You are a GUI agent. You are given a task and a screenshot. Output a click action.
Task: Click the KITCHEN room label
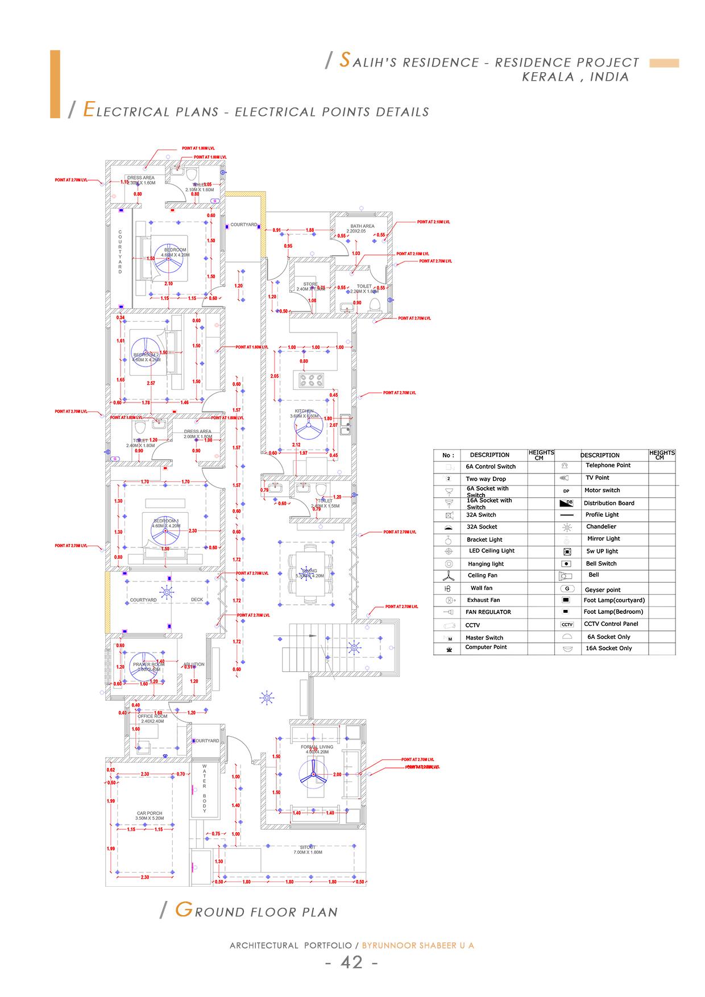(x=304, y=411)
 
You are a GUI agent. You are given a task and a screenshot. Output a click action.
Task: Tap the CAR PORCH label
(x=150, y=813)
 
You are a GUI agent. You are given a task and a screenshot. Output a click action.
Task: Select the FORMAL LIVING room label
(x=317, y=747)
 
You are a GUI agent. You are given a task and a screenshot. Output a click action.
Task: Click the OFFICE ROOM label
(x=152, y=716)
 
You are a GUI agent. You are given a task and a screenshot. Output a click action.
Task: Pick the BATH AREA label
(x=362, y=226)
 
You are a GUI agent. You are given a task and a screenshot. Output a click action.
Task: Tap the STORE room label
(x=310, y=284)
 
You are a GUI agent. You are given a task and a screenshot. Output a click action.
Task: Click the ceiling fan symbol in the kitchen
(x=309, y=425)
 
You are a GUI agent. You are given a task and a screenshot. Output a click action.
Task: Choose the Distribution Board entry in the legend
(x=608, y=503)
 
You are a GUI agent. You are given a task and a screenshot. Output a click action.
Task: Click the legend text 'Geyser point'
(x=603, y=590)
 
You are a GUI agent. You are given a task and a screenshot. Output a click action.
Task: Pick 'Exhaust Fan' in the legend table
(x=483, y=600)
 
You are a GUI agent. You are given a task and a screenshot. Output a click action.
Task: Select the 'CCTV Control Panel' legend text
(x=611, y=624)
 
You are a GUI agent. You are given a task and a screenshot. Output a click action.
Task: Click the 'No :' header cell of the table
(x=449, y=455)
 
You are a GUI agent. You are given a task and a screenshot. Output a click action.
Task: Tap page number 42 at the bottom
(x=351, y=962)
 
